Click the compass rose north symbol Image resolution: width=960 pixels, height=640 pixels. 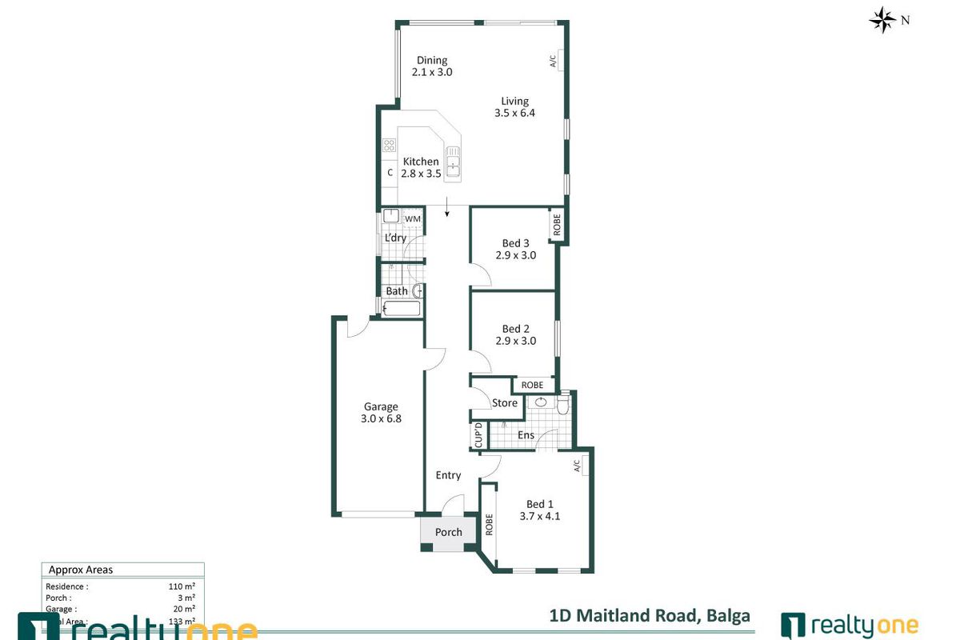pos(882,20)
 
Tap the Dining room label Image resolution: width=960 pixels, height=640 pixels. pos(432,60)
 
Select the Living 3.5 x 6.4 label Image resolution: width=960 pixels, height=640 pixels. pos(514,107)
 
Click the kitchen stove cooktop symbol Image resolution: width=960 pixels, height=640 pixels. pos(390,145)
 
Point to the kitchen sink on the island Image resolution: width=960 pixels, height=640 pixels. pos(453,160)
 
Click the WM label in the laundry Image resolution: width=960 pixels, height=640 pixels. pos(412,218)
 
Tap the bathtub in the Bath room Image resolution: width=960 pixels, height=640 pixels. pos(401,309)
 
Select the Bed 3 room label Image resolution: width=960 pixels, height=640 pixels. pos(515,243)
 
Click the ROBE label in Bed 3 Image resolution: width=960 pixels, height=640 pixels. pos(557,225)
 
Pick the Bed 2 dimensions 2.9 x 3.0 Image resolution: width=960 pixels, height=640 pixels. pos(515,341)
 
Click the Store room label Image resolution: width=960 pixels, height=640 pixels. pos(505,403)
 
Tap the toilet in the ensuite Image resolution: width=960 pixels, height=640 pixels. pos(562,406)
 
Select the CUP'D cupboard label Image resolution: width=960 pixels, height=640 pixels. pos(478,435)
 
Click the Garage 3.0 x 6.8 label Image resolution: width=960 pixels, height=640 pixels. pos(381,412)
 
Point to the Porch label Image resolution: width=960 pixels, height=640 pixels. pos(449,532)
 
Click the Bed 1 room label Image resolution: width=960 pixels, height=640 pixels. pos(540,504)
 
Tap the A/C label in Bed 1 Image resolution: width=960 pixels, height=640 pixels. pos(575,464)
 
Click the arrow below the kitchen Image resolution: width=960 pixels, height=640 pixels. pos(446,212)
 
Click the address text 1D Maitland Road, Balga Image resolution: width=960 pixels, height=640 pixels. pos(650,615)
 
